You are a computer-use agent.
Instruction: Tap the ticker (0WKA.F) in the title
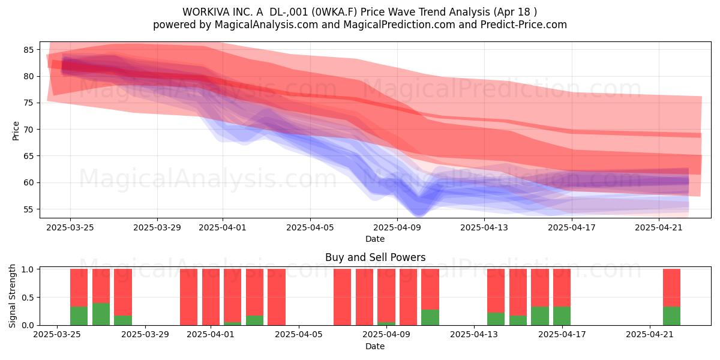point(336,12)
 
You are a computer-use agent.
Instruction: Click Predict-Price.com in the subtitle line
point(524,25)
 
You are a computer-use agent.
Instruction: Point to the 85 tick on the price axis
point(28,50)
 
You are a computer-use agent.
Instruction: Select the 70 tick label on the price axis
point(28,130)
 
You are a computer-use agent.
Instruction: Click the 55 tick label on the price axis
point(28,209)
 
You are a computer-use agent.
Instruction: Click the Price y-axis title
point(16,131)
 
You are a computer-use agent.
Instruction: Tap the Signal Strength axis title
point(12,296)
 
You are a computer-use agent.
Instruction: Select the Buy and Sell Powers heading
point(375,257)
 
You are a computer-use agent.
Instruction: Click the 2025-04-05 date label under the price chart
point(310,227)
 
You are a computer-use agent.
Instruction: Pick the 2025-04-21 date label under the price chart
point(659,227)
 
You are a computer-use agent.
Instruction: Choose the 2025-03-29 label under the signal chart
point(145,334)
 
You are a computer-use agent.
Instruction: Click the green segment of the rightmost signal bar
point(671,316)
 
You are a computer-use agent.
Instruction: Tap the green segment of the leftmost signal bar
point(79,316)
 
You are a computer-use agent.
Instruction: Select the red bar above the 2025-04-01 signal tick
point(211,297)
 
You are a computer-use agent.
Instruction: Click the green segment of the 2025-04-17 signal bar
point(562,316)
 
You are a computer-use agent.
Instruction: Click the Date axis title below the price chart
point(375,239)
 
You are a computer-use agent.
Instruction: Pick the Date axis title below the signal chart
point(375,346)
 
